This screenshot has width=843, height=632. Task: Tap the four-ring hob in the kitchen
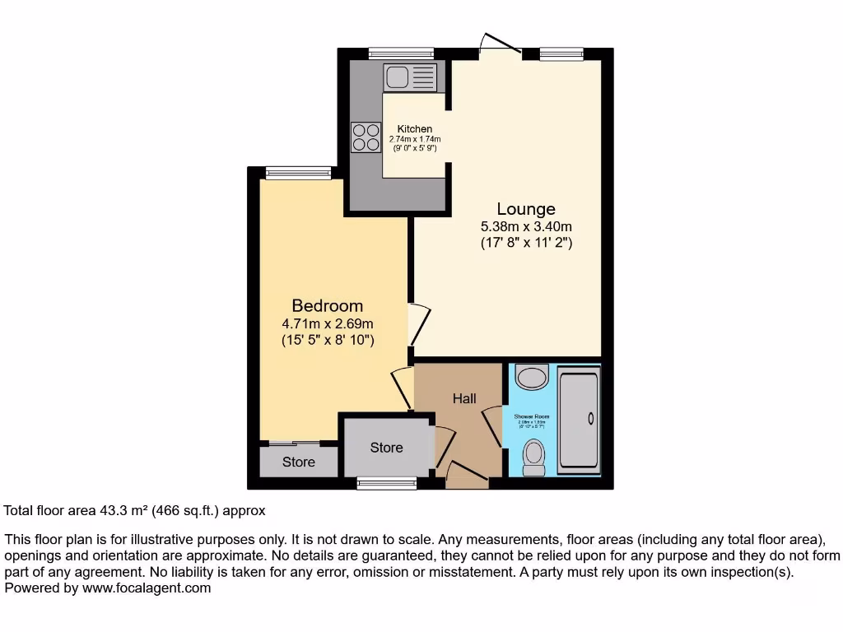coord(366,137)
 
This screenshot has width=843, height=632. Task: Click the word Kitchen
coord(414,129)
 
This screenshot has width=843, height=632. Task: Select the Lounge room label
coord(525,209)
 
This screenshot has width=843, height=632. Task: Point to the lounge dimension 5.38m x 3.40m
coord(526,226)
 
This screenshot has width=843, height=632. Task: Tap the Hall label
coord(464,399)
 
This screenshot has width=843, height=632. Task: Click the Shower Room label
coord(531,417)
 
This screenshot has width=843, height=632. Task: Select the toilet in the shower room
coord(534,457)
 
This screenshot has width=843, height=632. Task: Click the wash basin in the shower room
coord(532,377)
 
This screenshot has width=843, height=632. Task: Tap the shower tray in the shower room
coord(579,420)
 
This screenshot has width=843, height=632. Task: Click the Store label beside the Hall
coord(386,448)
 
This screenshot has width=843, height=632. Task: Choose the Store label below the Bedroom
coord(299,462)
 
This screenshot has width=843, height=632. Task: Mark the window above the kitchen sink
coord(401,54)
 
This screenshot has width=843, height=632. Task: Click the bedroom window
coord(298,172)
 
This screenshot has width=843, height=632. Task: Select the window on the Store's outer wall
coord(387,484)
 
